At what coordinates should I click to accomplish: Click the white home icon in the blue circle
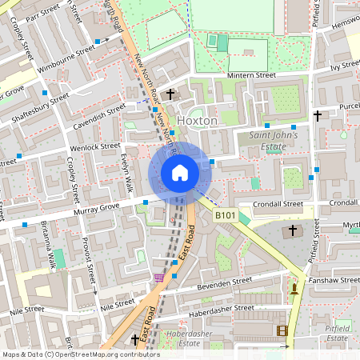pyautogui.click(x=179, y=172)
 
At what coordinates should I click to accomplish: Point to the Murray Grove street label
pyautogui.click(x=95, y=209)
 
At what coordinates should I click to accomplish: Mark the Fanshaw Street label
pyautogui.click(x=330, y=281)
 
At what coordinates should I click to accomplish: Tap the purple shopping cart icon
pyautogui.click(x=159, y=277)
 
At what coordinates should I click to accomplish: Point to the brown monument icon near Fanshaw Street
pyautogui.click(x=294, y=288)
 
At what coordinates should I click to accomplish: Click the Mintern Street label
pyautogui.click(x=250, y=75)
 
